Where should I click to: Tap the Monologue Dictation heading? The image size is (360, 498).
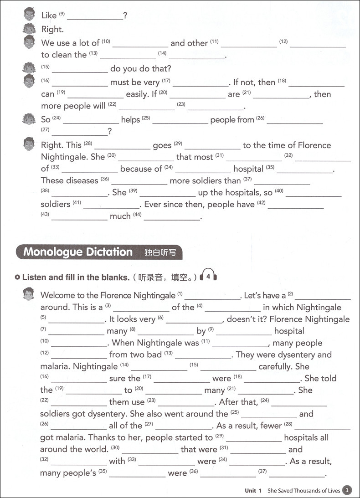pyautogui.click(x=78, y=252)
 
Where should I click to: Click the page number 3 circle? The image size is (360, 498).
pyautogui.click(x=347, y=490)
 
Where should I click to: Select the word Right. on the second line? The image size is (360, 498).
pyautogui.click(x=52, y=30)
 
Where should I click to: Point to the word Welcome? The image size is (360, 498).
pyautogui.click(x=58, y=295)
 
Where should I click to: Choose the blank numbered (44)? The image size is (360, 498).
pyautogui.click(x=172, y=218)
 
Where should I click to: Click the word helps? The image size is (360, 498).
pyautogui.click(x=131, y=119)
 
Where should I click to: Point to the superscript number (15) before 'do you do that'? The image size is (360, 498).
pyautogui.click(x=45, y=67)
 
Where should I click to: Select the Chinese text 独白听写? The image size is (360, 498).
pyautogui.click(x=160, y=252)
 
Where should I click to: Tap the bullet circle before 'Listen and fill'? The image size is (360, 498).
pyautogui.click(x=17, y=277)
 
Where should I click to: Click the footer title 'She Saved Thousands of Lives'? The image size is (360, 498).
pyautogui.click(x=303, y=491)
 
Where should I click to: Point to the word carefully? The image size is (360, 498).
pyautogui.click(x=277, y=366)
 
